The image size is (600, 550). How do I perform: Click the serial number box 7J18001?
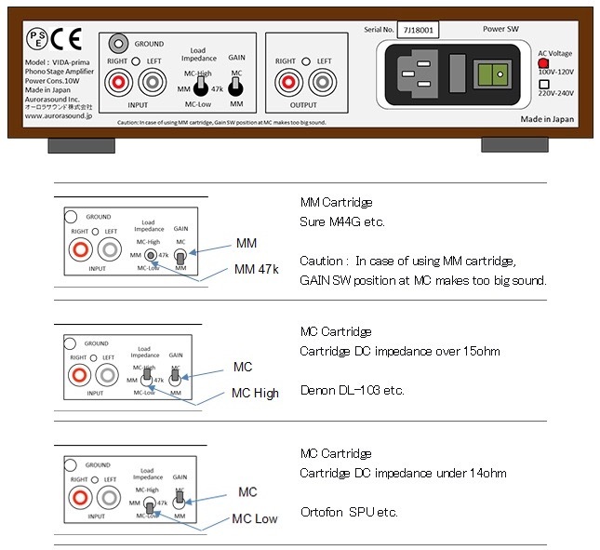(x=418, y=30)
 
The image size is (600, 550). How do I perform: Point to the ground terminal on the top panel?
(x=118, y=43)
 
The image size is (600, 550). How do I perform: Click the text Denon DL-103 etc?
(x=352, y=391)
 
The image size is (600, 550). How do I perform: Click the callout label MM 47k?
(x=257, y=270)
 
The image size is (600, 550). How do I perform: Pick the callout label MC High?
(x=255, y=393)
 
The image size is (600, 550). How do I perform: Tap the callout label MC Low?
(x=254, y=517)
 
